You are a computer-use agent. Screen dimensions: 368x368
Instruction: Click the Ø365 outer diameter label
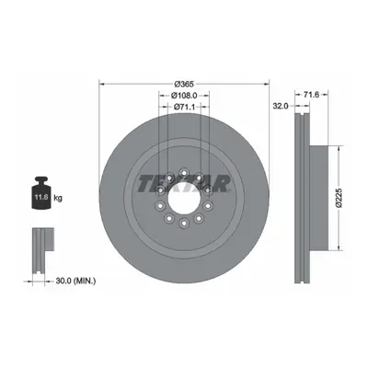[184, 84]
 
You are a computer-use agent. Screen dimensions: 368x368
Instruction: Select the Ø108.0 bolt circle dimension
[184, 96]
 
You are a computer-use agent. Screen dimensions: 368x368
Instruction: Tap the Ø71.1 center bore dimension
[184, 107]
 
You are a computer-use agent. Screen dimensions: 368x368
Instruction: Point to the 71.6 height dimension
[311, 95]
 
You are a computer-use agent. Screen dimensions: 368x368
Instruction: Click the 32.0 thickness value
[281, 106]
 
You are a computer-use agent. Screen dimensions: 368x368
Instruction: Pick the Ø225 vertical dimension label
[339, 198]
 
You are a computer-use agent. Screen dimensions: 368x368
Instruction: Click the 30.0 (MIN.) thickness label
[75, 281]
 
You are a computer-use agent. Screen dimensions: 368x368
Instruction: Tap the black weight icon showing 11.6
[41, 193]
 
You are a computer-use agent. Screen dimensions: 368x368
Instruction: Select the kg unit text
[58, 198]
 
